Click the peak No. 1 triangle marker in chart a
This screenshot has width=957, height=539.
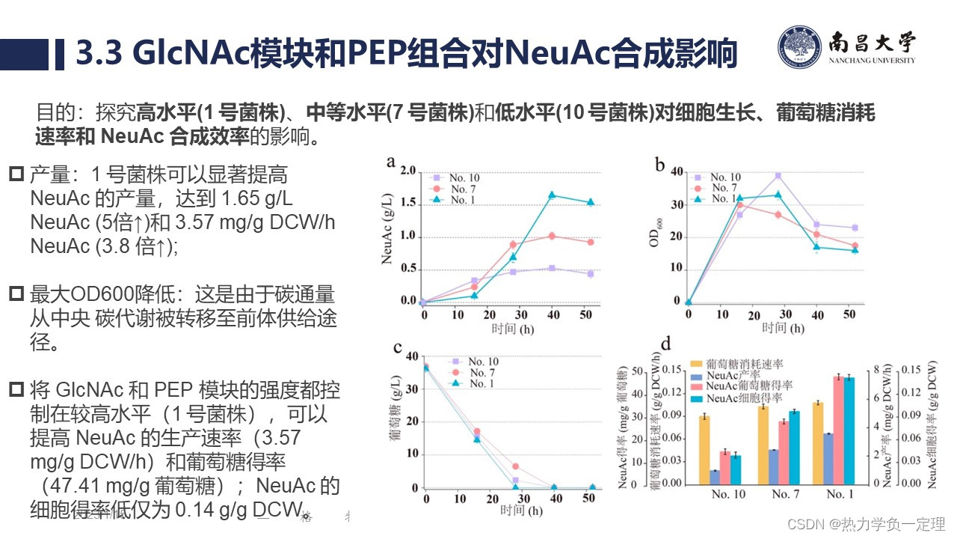pyautogui.click(x=553, y=195)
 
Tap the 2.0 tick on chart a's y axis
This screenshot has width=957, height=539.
pyautogui.click(x=407, y=171)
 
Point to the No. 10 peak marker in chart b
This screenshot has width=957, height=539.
pyautogui.click(x=778, y=176)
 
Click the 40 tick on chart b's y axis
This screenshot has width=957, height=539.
pyautogui.click(x=676, y=171)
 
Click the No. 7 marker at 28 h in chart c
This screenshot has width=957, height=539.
pyautogui.click(x=515, y=466)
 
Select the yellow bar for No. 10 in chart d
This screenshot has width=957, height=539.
pyautogui.click(x=704, y=449)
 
